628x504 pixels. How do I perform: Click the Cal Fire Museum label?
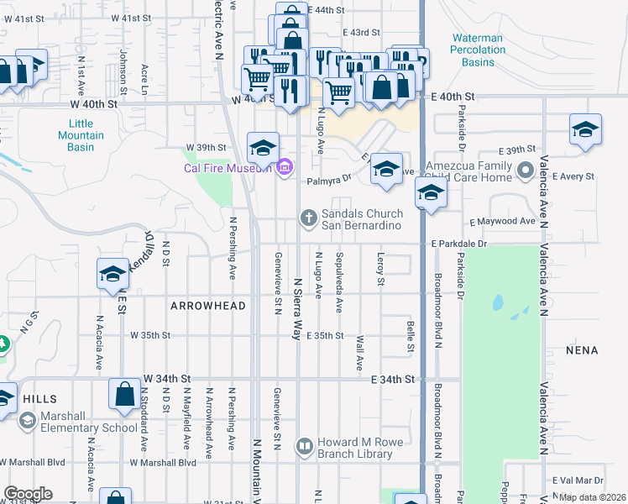click(228, 167)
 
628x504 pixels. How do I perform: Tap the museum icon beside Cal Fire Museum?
click(284, 167)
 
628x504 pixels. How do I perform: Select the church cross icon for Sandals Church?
click(309, 218)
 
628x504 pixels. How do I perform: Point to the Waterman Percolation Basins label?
click(478, 50)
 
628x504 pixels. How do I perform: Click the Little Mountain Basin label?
click(81, 135)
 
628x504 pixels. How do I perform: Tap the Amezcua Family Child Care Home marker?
click(526, 171)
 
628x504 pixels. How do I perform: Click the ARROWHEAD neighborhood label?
click(208, 306)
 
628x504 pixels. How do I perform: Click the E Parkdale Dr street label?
click(459, 244)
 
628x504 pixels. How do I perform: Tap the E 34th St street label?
click(394, 380)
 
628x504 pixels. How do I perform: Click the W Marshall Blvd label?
click(163, 462)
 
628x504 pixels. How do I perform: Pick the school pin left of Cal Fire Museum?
click(263, 148)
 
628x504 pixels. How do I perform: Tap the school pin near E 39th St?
click(585, 130)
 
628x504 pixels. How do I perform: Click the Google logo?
click(28, 494)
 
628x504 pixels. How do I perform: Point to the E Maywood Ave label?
click(502, 221)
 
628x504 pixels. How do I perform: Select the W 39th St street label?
click(207, 147)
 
